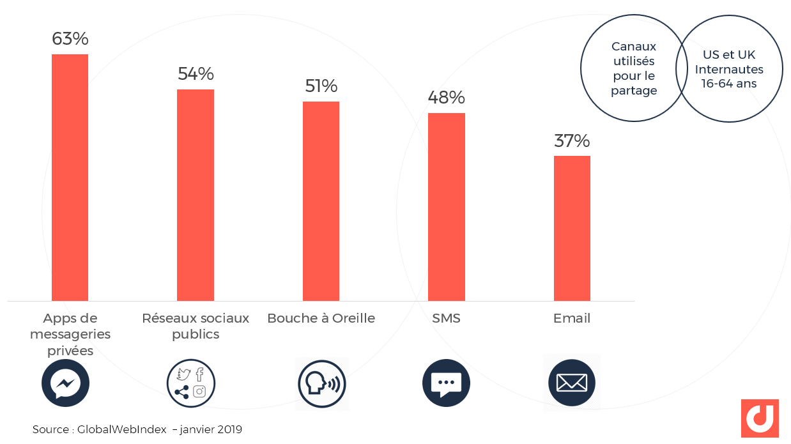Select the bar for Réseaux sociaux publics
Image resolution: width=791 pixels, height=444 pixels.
(x=196, y=195)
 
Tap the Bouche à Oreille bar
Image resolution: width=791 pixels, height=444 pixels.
(x=321, y=201)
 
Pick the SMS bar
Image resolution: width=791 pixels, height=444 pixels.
(x=447, y=207)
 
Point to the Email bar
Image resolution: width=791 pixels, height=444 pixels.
(x=572, y=228)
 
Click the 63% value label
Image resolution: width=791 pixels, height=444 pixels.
(x=70, y=39)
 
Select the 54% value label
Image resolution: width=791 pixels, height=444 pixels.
(x=196, y=74)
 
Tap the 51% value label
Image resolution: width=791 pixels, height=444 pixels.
(x=321, y=86)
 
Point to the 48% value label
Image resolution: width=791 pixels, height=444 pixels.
(x=447, y=98)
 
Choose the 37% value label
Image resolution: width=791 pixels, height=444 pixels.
(x=572, y=141)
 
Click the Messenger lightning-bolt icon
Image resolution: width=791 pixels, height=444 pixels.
(x=65, y=383)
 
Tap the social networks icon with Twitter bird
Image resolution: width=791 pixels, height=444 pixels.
(x=191, y=383)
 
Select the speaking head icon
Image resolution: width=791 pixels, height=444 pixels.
(x=321, y=383)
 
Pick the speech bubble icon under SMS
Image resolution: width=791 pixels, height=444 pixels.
(x=446, y=383)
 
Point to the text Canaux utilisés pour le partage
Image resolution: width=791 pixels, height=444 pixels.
(x=634, y=68)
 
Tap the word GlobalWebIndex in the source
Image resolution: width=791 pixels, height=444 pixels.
(x=121, y=430)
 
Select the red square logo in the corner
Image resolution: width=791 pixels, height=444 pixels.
(x=760, y=418)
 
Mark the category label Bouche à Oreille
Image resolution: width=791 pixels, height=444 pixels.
(x=321, y=318)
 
